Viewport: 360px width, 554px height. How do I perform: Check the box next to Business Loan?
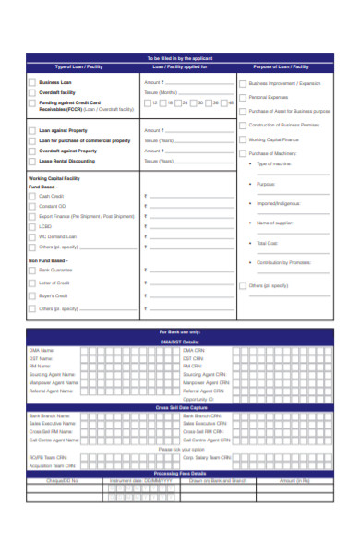click(x=30, y=83)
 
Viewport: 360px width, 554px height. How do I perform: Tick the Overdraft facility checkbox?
click(x=30, y=92)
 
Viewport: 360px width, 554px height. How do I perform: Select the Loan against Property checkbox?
click(x=30, y=130)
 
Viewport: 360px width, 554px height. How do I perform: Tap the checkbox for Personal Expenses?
click(x=243, y=97)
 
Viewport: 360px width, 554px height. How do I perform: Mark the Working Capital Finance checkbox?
click(x=243, y=139)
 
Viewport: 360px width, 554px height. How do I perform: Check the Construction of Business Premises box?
click(x=243, y=125)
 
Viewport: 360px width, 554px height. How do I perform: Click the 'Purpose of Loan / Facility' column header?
click(x=281, y=67)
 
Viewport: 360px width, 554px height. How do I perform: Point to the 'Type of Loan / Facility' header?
click(x=81, y=67)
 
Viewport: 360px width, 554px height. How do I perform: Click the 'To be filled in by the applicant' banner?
click(x=179, y=57)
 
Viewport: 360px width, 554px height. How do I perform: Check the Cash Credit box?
click(x=30, y=197)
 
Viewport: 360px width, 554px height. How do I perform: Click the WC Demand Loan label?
click(x=57, y=235)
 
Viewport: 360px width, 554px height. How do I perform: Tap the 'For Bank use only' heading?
click(x=179, y=331)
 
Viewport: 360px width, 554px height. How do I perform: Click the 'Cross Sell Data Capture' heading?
click(x=179, y=406)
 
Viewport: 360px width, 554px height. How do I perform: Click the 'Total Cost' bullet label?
click(x=267, y=243)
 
